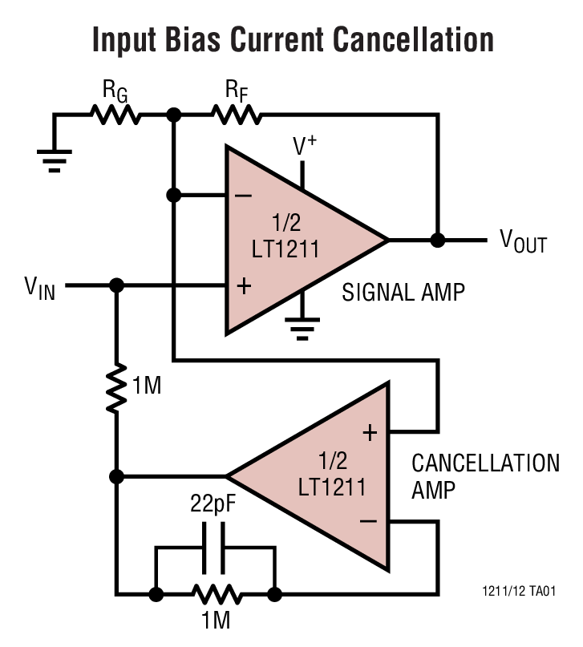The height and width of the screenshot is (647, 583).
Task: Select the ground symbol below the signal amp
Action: pos(302,326)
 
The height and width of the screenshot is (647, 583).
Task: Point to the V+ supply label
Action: pos(304,146)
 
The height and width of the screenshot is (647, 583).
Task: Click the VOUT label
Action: pos(523,240)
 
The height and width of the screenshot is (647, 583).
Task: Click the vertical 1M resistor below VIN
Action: pos(116,387)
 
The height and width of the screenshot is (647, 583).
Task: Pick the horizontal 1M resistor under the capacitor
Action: pos(215,595)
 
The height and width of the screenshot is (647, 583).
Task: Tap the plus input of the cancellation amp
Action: pos(369,434)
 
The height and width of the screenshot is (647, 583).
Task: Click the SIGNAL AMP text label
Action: pos(403,292)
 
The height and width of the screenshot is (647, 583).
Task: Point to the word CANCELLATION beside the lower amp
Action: pos(485,463)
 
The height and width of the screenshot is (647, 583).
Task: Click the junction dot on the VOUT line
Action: pos(437,240)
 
